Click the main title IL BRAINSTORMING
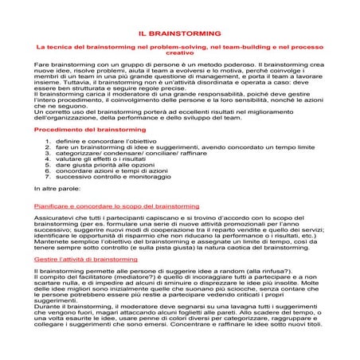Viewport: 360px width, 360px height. click(x=179, y=35)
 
